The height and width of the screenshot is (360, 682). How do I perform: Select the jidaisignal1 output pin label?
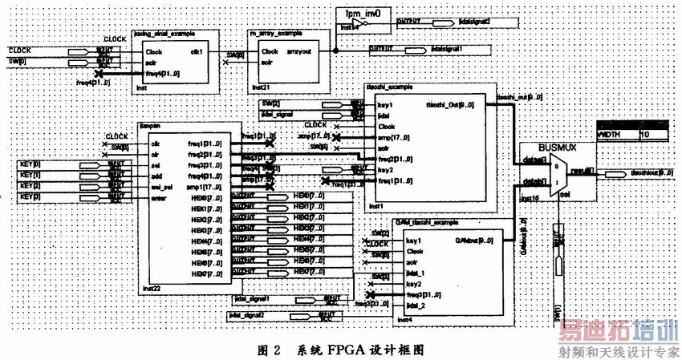[x=450, y=50]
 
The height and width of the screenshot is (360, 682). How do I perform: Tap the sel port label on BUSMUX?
[x=566, y=193]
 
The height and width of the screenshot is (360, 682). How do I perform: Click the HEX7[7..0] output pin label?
[x=304, y=274]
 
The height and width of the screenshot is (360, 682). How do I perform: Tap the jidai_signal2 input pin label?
[x=251, y=316]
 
